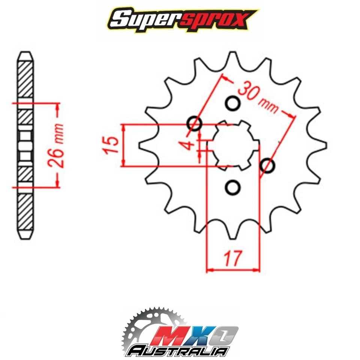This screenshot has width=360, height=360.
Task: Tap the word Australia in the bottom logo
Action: coord(178,351)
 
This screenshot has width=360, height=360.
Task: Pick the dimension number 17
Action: coord(232,258)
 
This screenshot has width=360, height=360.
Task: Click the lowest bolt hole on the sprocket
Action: coord(233,187)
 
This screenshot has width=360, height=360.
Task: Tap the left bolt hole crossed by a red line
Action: coord(194,123)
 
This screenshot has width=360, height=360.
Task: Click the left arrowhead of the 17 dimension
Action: coord(209,269)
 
